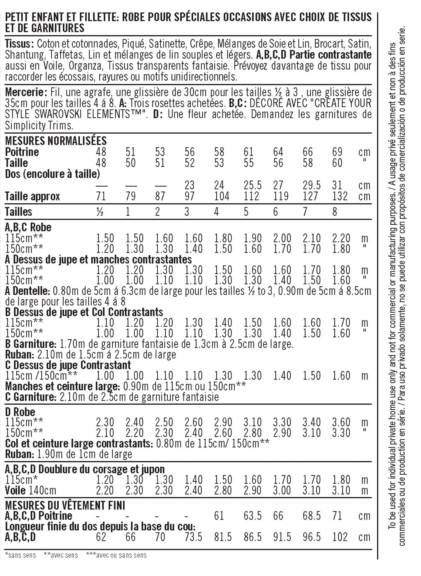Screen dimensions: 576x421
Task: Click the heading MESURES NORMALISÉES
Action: [56, 141]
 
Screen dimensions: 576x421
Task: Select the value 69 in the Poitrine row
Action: [337, 152]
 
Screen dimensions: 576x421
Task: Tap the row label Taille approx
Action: [33, 196]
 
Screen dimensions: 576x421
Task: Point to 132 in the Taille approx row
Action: [340, 196]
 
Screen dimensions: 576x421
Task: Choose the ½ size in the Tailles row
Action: [100, 212]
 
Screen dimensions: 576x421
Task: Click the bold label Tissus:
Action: [19, 44]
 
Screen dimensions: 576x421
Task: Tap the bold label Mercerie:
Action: [26, 92]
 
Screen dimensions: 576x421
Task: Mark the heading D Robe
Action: [20, 412]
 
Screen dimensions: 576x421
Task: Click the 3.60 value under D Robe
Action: [341, 422]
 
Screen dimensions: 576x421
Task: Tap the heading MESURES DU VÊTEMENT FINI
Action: [65, 505]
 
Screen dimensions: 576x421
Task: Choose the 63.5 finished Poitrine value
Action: [253, 516]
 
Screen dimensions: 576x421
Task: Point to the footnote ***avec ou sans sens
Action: [116, 555]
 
